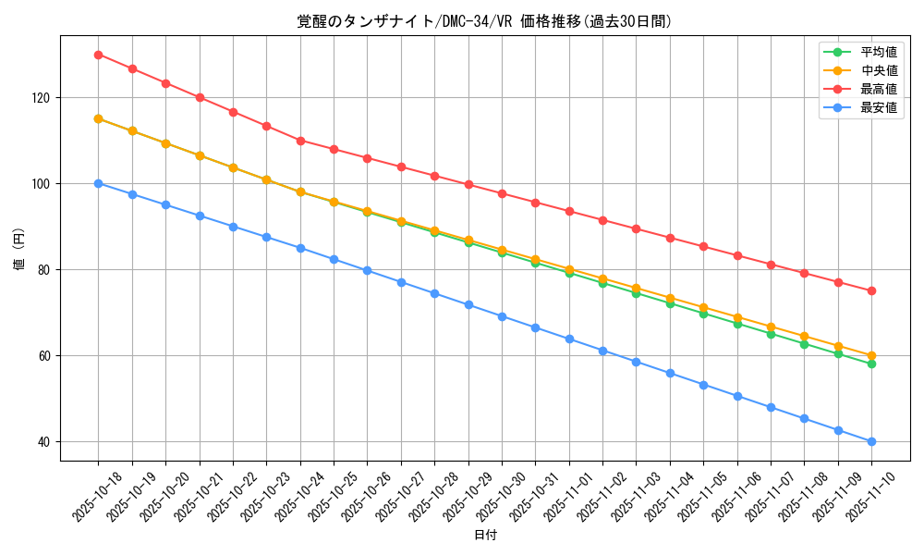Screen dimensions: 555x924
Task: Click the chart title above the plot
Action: (x=484, y=21)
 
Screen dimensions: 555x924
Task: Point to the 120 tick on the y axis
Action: (x=44, y=98)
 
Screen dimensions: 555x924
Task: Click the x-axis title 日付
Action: (x=485, y=536)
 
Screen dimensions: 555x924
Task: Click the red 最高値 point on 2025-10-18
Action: (x=98, y=55)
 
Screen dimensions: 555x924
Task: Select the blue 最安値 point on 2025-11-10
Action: (x=871, y=441)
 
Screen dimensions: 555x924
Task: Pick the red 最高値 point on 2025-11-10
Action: (x=871, y=291)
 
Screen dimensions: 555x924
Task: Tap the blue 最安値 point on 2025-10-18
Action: (x=98, y=183)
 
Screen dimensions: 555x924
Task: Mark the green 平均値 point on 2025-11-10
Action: (x=871, y=364)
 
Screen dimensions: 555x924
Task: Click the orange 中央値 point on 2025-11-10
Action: (x=871, y=355)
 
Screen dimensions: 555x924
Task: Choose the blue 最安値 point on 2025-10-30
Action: (x=502, y=316)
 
